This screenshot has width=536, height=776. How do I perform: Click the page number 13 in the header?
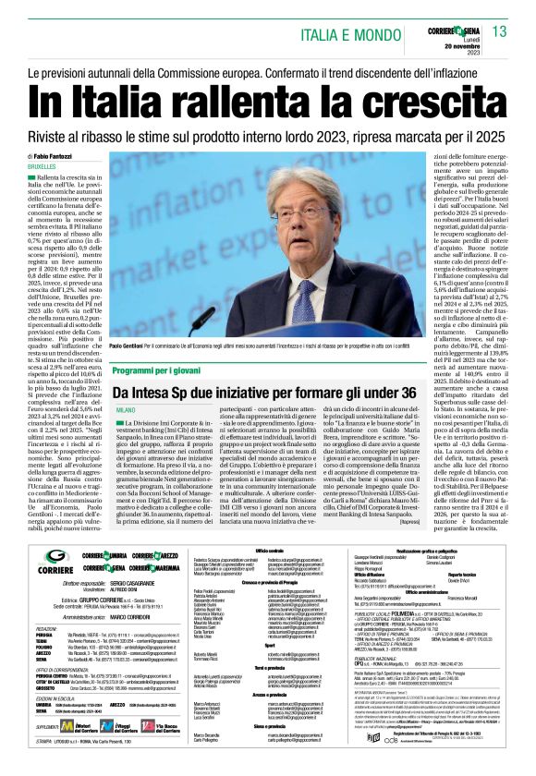(500, 31)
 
